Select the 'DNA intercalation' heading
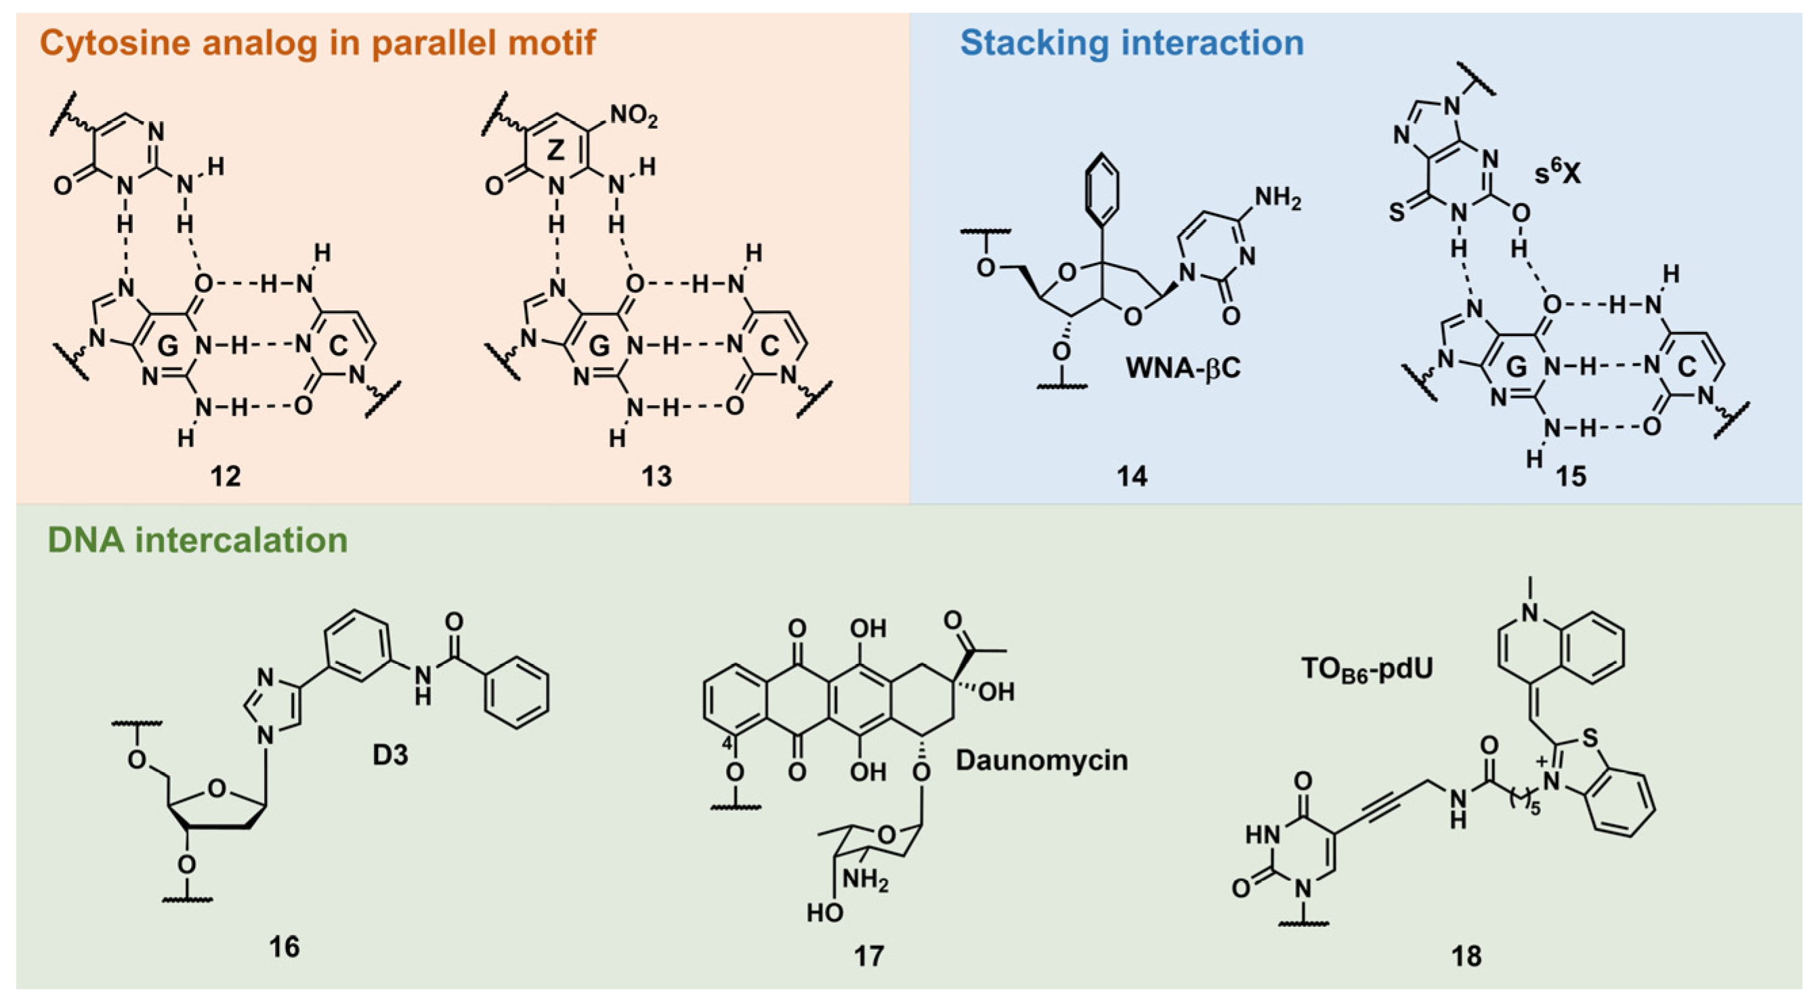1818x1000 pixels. [198, 541]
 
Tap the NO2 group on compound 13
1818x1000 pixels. [633, 117]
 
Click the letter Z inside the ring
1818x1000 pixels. [556, 150]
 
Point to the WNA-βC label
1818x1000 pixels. [1183, 368]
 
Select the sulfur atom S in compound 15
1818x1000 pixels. [1397, 213]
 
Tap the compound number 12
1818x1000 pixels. [226, 476]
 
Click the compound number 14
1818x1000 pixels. [1131, 476]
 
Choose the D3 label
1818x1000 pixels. [390, 755]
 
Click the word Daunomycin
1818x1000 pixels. [1042, 760]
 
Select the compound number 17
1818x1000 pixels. [868, 955]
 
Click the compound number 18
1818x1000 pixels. [1466, 955]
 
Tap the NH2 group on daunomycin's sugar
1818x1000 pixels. [865, 880]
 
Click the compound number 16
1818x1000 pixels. [284, 946]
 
